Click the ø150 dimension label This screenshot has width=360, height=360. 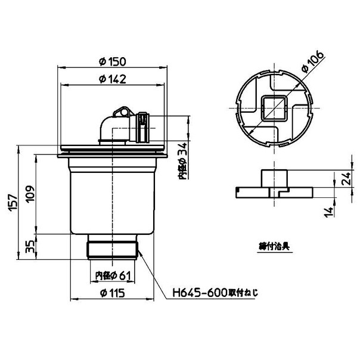(113, 62)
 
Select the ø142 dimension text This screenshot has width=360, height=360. (113, 80)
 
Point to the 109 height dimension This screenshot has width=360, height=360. (28, 194)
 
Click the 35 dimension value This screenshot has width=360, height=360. (28, 244)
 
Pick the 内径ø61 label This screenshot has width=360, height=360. (113, 276)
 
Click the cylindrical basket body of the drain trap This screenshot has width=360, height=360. (113, 197)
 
